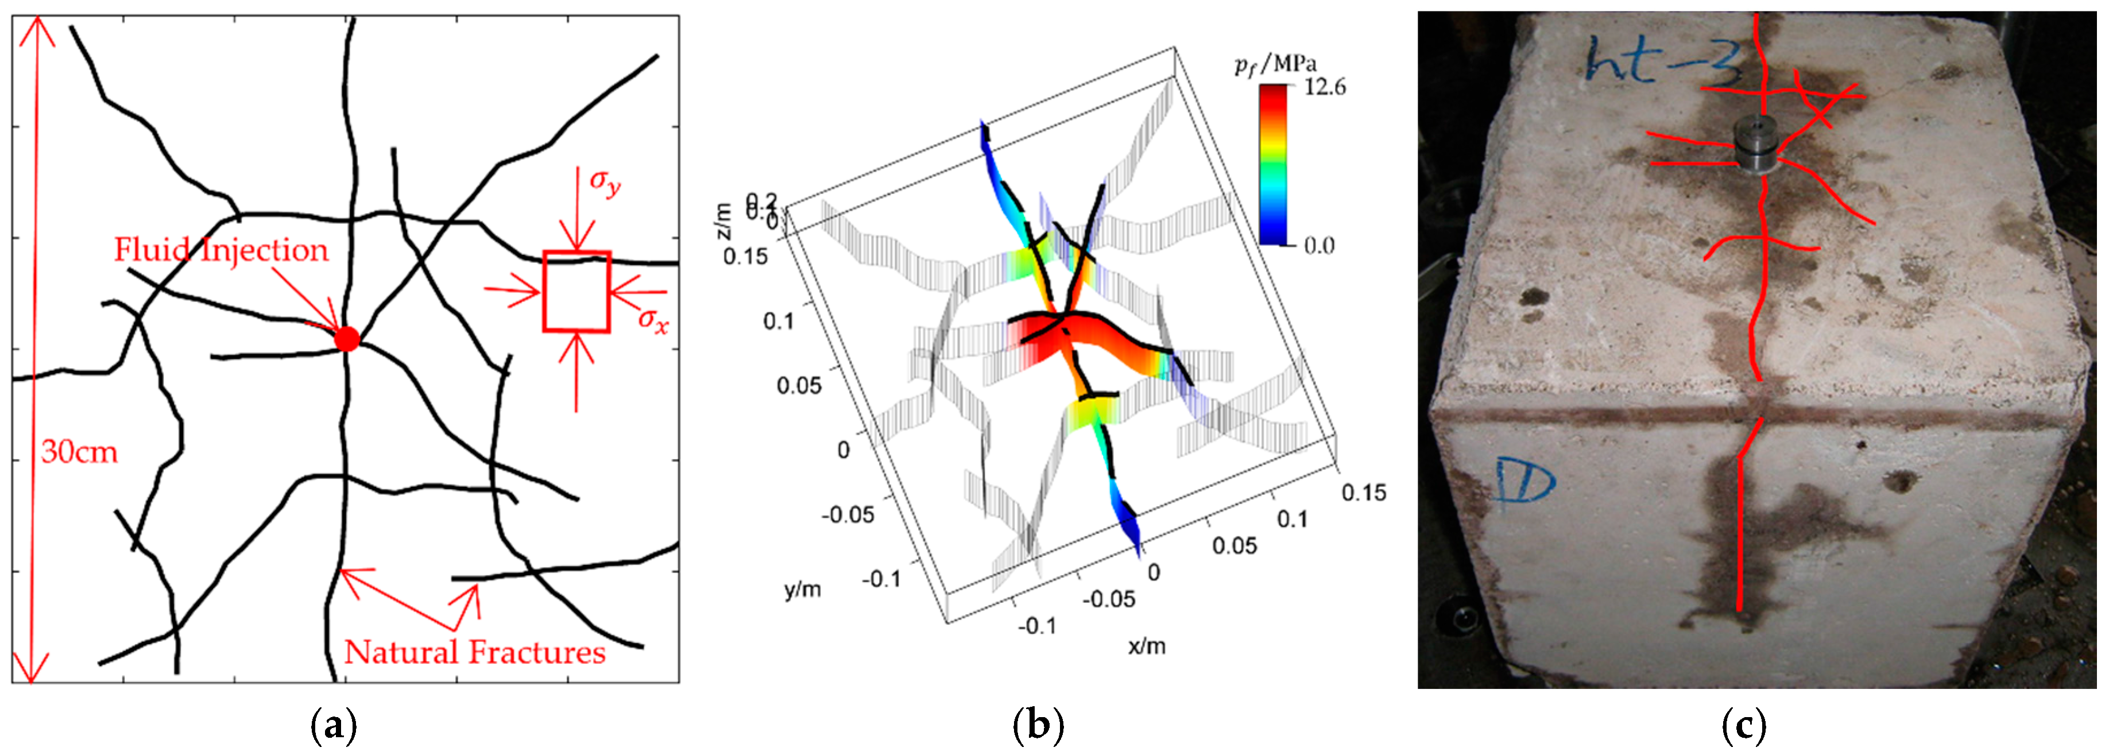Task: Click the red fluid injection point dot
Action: pos(347,338)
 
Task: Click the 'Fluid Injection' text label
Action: pos(221,250)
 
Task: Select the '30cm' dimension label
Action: pos(79,451)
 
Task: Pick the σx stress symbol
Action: pos(652,319)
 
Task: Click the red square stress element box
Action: pos(576,292)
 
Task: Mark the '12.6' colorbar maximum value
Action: pos(1324,87)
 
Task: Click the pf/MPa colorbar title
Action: pos(1275,64)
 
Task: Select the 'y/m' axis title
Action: pos(802,588)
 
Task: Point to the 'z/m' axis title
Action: pos(721,221)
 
